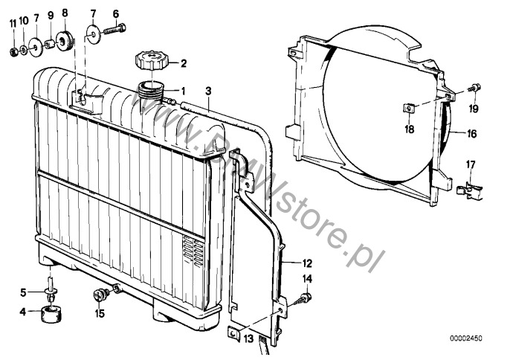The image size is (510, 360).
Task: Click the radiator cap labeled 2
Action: [x=151, y=60]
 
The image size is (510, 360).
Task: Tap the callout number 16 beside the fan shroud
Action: [x=471, y=134]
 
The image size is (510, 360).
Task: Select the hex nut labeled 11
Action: [x=13, y=51]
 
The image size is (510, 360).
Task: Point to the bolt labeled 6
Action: [x=115, y=29]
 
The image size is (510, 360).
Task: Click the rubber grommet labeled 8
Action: [x=64, y=41]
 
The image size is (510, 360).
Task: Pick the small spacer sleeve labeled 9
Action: [x=49, y=44]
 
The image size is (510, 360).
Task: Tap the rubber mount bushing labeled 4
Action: [x=51, y=313]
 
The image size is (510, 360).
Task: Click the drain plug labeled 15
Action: [x=100, y=294]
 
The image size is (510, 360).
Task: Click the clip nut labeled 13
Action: [x=233, y=333]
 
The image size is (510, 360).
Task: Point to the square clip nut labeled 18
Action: [x=410, y=108]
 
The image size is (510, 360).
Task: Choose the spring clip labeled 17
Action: [x=469, y=190]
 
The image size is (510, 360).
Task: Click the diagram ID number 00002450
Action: [x=466, y=338]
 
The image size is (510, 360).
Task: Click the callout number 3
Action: [x=208, y=91]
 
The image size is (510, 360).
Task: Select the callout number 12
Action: [x=307, y=263]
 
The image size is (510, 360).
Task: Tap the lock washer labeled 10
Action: [x=25, y=49]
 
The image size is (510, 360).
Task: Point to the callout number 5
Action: [x=23, y=292]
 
